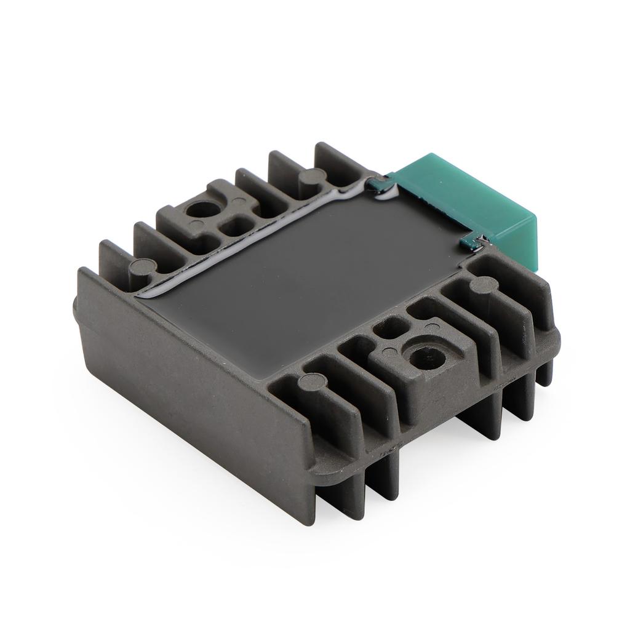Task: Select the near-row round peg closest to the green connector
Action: [483, 285]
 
